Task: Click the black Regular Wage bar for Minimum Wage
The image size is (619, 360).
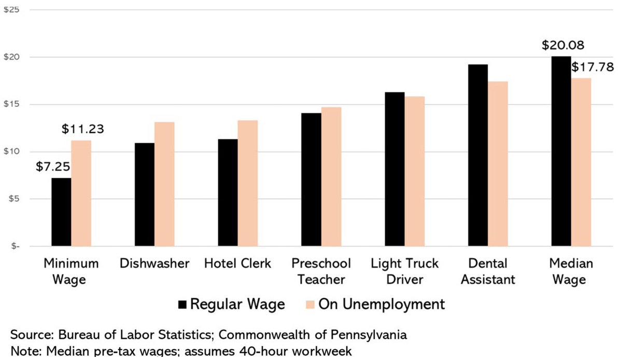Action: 61,212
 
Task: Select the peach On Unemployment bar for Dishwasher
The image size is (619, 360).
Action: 164,184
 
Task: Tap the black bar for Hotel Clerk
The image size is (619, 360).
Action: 228,192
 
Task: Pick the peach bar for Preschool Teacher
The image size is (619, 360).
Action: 331,176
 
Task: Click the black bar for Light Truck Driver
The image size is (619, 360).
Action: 395,169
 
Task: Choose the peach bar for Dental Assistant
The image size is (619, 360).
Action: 498,163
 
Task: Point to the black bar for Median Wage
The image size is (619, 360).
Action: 561,151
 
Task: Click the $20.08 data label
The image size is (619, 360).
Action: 562,45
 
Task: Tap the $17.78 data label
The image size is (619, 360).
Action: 592,67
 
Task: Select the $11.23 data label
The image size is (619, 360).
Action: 82,129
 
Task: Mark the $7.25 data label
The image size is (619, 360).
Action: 53,167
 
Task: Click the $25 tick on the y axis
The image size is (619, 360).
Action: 11,10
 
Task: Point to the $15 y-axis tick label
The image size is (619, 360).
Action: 11,104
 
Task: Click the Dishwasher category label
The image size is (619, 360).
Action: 154,264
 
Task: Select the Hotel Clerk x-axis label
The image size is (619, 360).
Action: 237,264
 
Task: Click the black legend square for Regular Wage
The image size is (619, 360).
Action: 182,304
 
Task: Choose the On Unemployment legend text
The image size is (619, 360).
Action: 381,304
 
